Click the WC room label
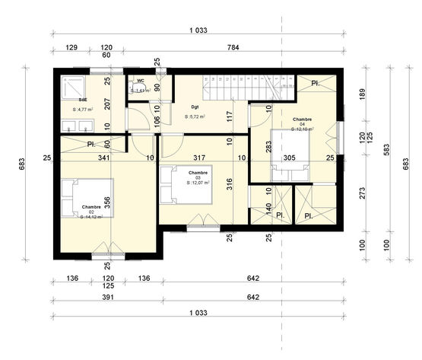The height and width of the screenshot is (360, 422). point(141,80)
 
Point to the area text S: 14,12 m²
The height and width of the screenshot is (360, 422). point(92,216)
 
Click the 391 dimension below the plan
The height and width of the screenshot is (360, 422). point(107,298)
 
